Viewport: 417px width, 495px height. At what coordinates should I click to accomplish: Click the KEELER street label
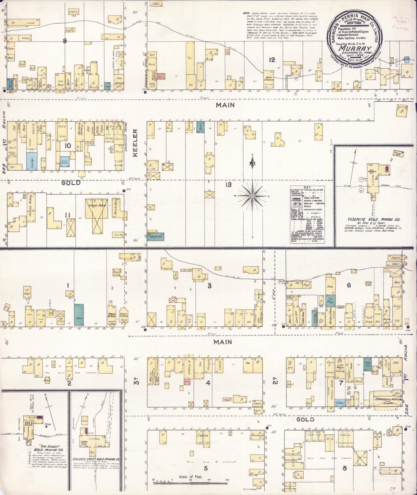tap(135, 143)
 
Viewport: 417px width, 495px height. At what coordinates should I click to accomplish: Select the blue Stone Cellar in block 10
tap(64, 162)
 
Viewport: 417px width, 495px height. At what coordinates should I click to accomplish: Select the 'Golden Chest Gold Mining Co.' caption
tap(96, 459)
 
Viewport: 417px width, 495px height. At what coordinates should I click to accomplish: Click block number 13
tap(229, 185)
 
